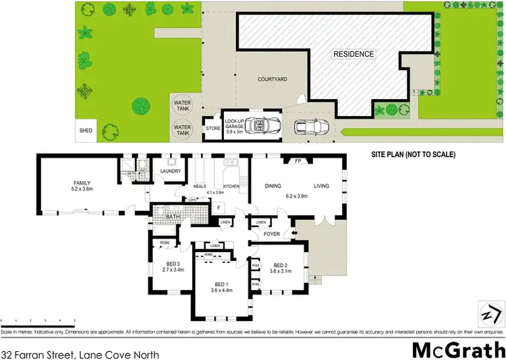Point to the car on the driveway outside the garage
(311, 127)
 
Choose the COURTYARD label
(273, 80)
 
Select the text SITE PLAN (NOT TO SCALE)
(414, 154)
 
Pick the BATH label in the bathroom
(173, 218)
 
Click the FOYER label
(272, 235)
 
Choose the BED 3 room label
(172, 264)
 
